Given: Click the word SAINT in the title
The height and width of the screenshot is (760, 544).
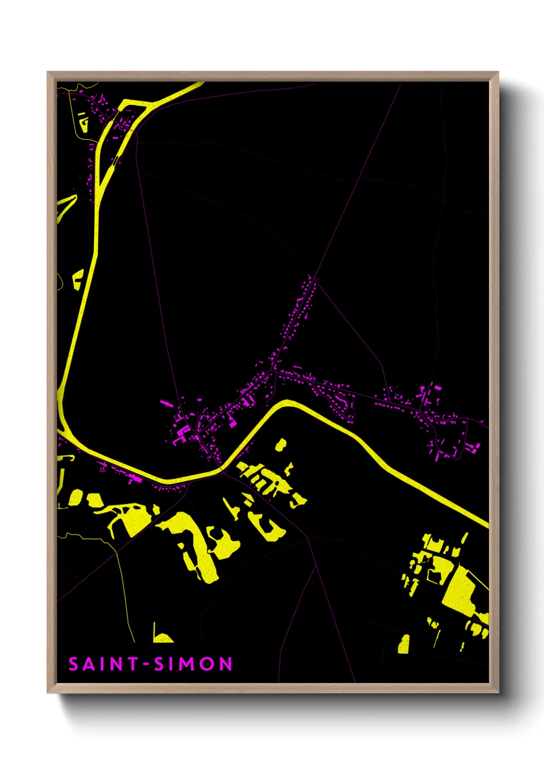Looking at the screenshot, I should coord(103,664).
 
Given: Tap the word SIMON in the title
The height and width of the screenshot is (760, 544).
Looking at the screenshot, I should coord(193,664).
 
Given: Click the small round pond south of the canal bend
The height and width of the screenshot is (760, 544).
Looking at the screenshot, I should coord(281,445).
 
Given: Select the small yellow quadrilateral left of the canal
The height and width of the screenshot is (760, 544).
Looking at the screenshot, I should coord(78,279).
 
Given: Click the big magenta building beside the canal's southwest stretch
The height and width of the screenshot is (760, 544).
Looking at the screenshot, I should coord(135,479).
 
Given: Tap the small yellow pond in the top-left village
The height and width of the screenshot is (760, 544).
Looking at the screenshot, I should coord(83,122).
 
